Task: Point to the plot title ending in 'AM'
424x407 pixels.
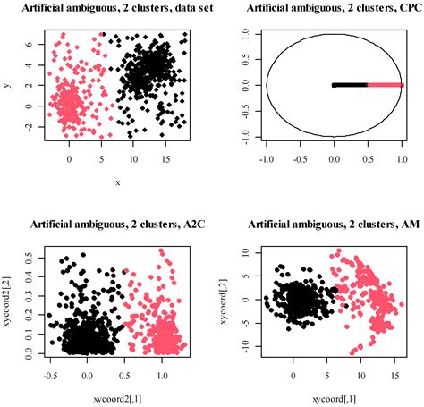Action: coord(323,224)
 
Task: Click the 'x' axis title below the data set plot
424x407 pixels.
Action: coord(117,182)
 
